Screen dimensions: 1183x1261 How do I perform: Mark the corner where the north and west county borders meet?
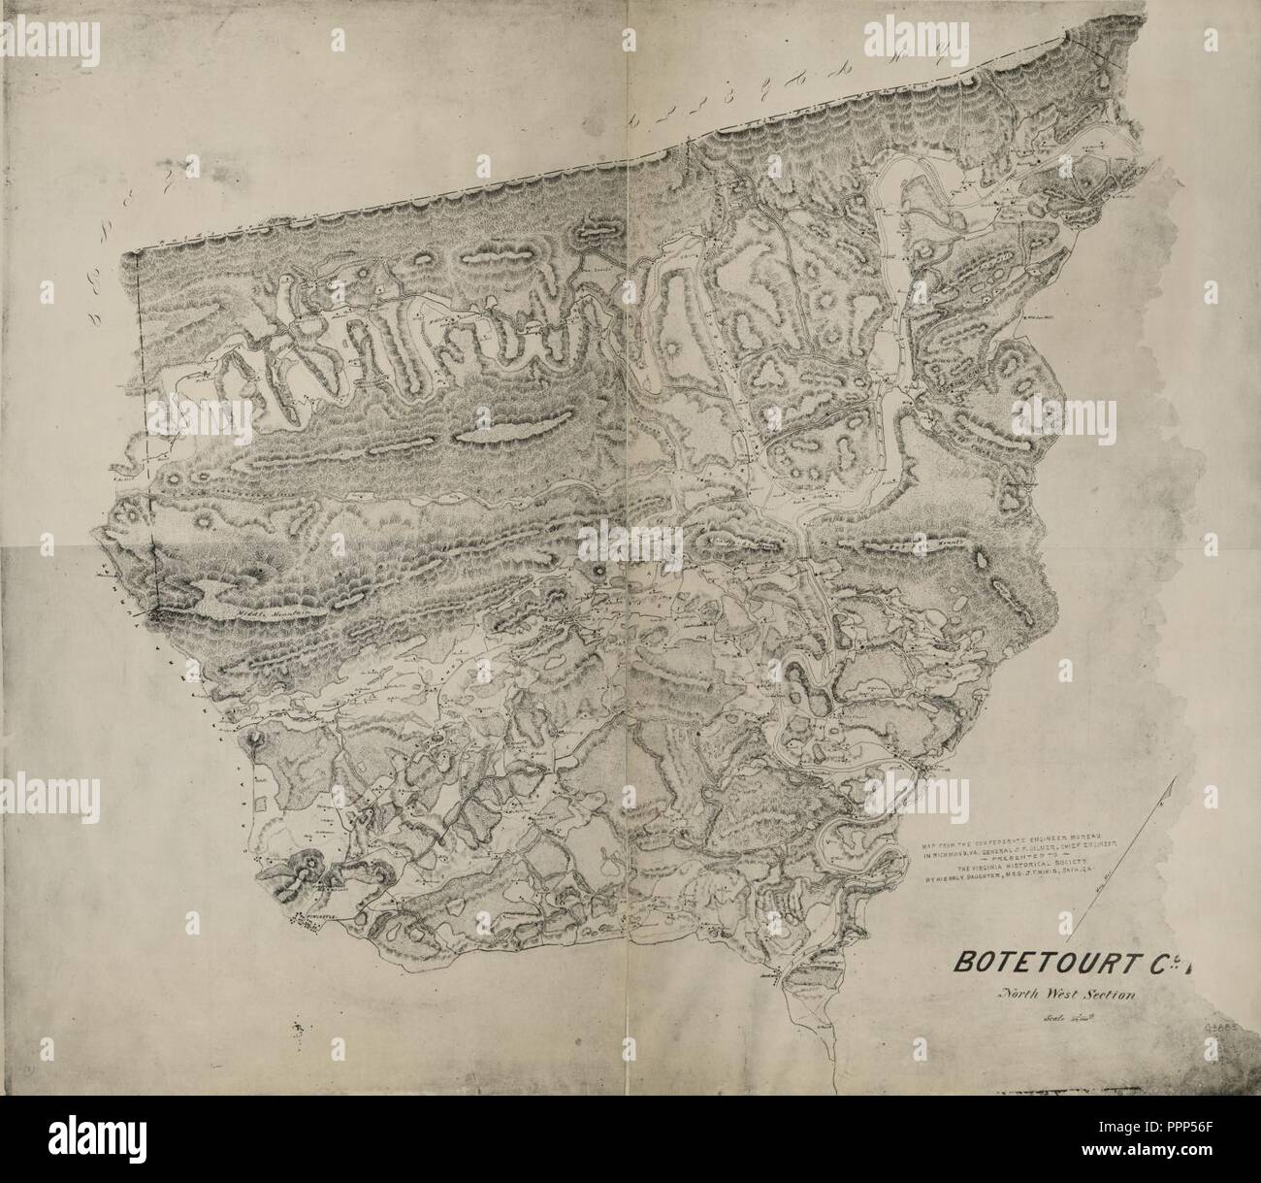click(136, 253)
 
